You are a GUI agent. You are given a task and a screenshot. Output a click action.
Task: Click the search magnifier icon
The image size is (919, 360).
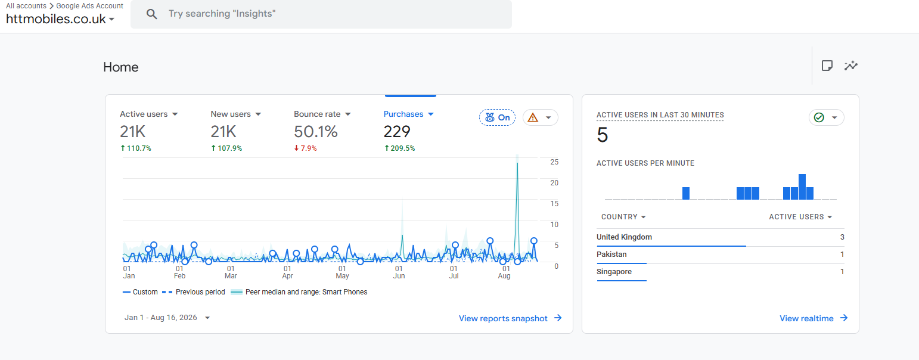152,14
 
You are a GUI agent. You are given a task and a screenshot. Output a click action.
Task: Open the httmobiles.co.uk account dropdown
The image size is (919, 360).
60,19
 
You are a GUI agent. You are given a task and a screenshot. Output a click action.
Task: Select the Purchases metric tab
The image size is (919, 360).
408,114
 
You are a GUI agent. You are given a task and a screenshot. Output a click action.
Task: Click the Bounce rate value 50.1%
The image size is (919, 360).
315,132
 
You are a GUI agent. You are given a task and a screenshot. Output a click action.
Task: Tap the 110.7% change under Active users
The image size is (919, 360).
136,148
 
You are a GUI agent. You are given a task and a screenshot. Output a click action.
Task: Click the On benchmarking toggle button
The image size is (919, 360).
497,117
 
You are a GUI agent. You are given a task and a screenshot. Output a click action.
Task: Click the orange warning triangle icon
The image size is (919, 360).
533,118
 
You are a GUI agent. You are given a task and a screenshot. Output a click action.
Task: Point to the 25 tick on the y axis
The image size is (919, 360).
554,162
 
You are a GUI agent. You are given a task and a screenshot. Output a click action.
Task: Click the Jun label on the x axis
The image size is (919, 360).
399,276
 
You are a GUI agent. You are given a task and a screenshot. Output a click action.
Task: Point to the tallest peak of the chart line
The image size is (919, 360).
517,163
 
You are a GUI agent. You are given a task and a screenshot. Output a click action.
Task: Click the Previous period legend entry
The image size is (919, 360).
194,292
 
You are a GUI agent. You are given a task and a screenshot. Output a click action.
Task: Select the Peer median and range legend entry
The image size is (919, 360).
299,292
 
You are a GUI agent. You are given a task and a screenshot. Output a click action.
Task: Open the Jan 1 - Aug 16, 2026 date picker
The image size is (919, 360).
167,318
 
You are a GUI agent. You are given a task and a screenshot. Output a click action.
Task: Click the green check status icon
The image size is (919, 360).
819,118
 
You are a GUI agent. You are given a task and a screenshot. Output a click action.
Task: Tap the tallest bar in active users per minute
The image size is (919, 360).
802,187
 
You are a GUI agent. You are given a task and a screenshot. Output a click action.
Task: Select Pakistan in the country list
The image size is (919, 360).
611,254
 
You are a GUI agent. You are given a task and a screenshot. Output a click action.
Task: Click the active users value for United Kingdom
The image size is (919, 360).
842,237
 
